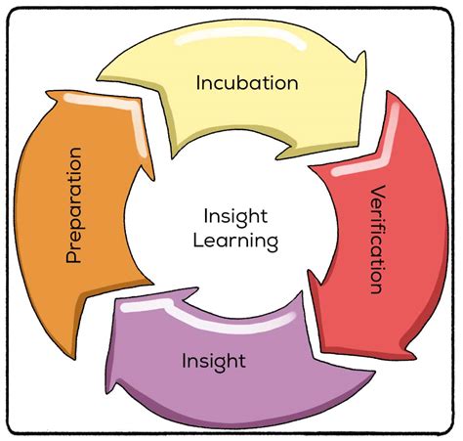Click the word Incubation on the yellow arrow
[x=247, y=83]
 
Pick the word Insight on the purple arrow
[x=213, y=361]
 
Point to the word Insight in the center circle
[x=234, y=214]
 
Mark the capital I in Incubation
[x=199, y=82]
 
